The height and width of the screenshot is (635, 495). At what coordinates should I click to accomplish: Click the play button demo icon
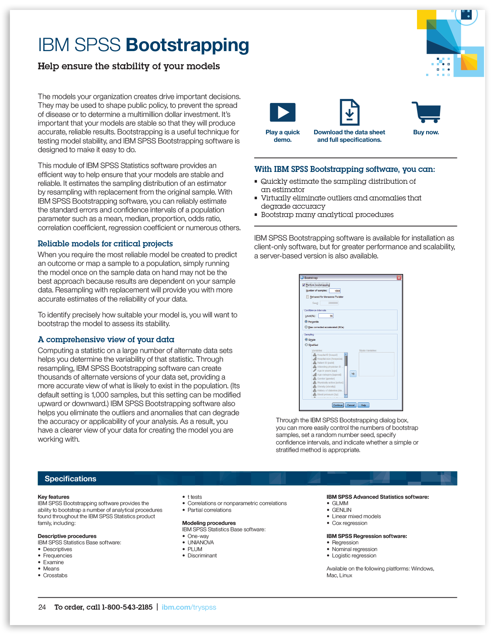click(x=282, y=112)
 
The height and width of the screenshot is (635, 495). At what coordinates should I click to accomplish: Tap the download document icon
click(x=349, y=112)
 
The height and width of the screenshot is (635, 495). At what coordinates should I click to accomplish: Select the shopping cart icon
click(x=426, y=112)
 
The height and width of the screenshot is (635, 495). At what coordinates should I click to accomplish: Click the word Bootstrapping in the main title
click(x=187, y=45)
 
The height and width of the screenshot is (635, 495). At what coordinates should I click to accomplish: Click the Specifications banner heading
click(x=70, y=479)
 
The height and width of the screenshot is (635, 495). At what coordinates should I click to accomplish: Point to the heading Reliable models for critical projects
click(x=105, y=244)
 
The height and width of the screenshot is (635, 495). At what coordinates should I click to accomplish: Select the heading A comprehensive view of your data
click(x=106, y=339)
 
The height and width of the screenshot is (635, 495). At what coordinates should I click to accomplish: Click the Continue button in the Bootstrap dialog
click(x=338, y=405)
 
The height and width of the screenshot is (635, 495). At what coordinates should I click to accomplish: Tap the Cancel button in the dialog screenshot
click(x=351, y=405)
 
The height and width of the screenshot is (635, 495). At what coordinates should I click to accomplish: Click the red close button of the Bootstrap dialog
click(x=399, y=278)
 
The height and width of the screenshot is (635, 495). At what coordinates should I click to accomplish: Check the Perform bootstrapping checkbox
click(x=304, y=285)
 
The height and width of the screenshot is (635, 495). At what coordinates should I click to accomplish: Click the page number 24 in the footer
click(x=42, y=607)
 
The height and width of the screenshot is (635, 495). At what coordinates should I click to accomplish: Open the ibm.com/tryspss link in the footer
click(x=189, y=607)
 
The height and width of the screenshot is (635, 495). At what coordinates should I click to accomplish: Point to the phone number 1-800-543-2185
click(x=127, y=607)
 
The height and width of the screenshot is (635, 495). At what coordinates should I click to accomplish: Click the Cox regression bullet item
click(x=349, y=523)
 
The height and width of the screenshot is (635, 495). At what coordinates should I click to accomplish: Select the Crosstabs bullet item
click(x=55, y=575)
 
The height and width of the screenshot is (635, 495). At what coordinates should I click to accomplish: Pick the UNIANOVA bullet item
click(x=200, y=542)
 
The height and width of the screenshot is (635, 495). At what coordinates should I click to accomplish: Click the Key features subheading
click(x=53, y=497)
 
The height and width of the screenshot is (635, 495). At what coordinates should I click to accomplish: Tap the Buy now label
click(x=426, y=132)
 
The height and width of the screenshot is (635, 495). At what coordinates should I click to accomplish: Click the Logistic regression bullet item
click(x=354, y=555)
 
